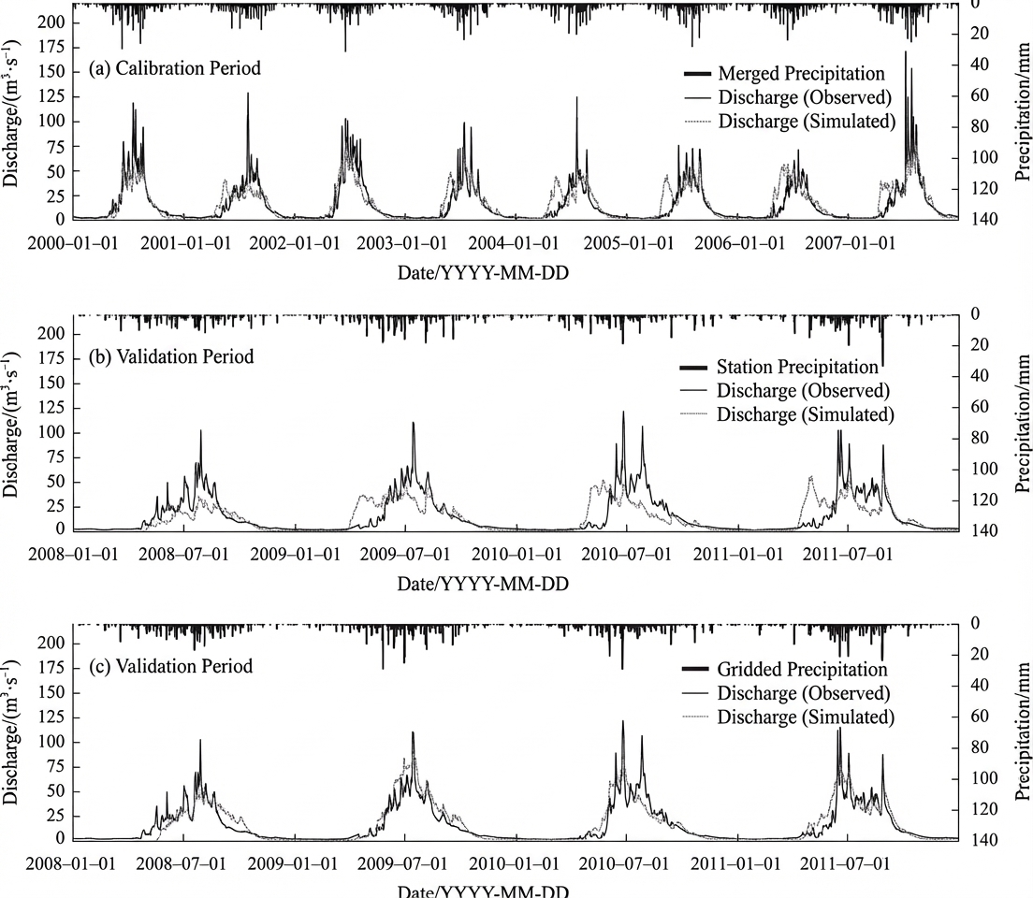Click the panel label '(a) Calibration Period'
point(175,68)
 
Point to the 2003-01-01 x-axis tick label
point(401,243)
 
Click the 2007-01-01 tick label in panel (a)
point(850,243)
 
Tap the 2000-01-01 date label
point(72,243)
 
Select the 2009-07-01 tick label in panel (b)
point(404,554)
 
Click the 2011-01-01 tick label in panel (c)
point(735,863)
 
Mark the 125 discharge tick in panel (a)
point(51,96)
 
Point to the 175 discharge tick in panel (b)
point(51,358)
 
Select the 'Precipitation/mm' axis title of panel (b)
point(1022,424)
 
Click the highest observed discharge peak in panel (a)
point(905,51)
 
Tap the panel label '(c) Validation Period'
point(170,666)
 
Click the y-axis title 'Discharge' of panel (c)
point(10,731)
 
